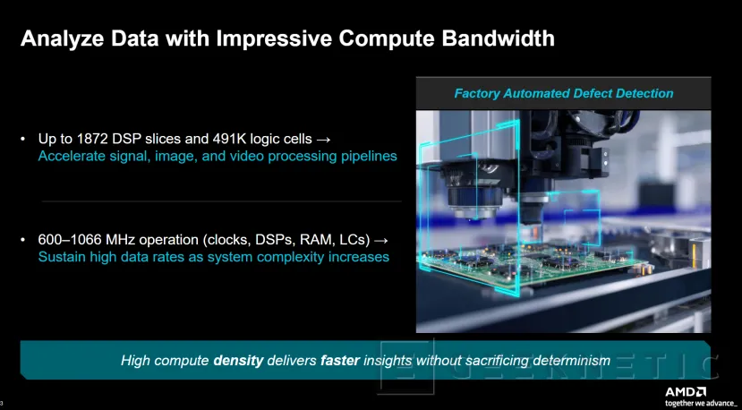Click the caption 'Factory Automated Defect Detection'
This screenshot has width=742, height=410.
click(x=563, y=93)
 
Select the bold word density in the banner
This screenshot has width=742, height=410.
click(x=238, y=361)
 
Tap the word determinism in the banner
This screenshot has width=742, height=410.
click(x=568, y=361)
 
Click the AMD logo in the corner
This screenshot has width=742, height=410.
click(x=685, y=391)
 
